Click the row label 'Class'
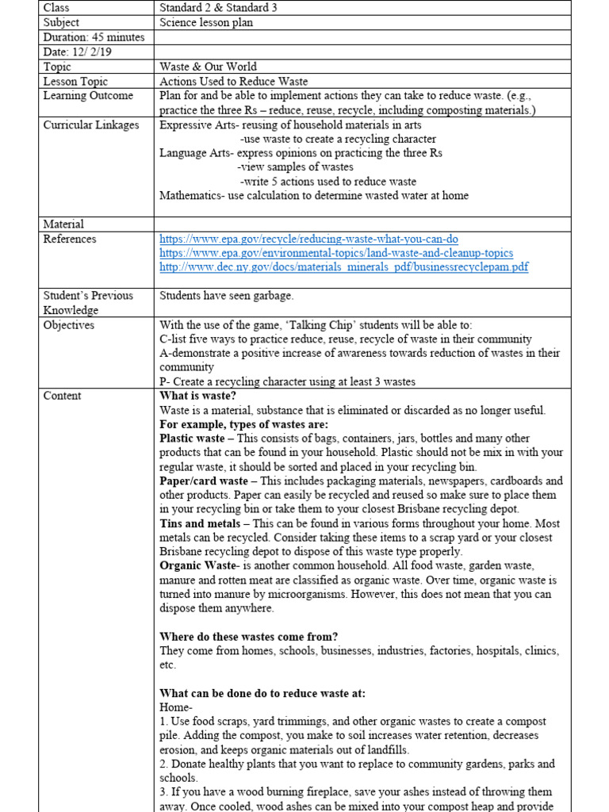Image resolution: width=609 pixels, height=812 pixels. point(57,8)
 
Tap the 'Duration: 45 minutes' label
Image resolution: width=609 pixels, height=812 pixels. point(94,37)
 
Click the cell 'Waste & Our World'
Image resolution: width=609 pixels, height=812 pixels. point(208,67)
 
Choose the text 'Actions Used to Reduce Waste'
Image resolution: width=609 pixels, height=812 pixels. point(233,82)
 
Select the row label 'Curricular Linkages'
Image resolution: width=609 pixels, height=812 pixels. point(91,125)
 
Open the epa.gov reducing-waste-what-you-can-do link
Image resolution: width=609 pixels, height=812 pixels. point(308,239)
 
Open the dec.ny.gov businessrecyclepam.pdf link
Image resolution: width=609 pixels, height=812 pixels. point(343,267)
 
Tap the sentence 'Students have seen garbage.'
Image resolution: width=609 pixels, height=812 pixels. point(226,296)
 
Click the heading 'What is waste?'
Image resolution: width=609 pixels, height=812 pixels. point(198,396)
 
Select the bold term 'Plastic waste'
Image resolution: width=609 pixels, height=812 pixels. point(193,439)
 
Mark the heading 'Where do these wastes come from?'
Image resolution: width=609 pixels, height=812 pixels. point(249,637)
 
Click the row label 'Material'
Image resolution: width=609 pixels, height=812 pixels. point(63,224)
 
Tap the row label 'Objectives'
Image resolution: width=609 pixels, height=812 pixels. point(68,325)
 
